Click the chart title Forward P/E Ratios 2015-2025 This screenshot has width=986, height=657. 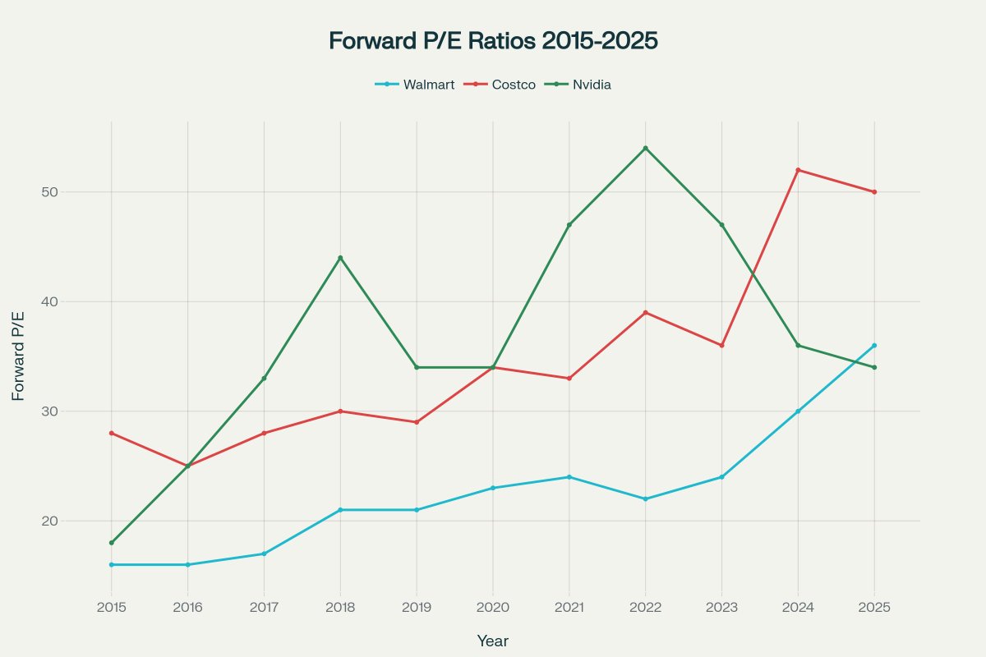[493, 41]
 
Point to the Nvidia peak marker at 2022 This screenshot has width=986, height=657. [645, 148]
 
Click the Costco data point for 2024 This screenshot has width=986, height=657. [798, 170]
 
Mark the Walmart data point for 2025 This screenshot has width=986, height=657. [874, 345]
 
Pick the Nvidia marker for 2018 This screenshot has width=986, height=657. [340, 258]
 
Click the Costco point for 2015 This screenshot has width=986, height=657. [111, 433]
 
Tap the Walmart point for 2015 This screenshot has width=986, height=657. [111, 564]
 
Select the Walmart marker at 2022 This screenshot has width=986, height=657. [645, 498]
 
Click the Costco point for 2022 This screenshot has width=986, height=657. [645, 312]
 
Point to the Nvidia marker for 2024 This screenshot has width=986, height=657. [798, 345]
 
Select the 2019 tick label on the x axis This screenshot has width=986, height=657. [417, 608]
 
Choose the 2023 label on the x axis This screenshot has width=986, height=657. [721, 608]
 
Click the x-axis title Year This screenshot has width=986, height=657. [493, 641]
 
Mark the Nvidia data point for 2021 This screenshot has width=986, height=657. [569, 224]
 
